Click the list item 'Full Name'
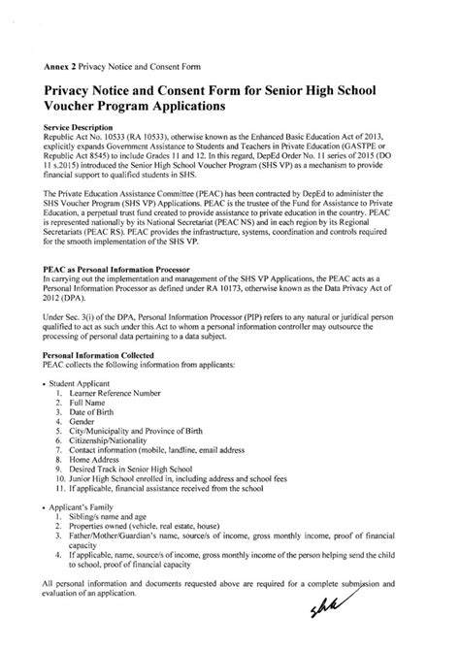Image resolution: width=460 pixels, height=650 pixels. pos(88,406)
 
